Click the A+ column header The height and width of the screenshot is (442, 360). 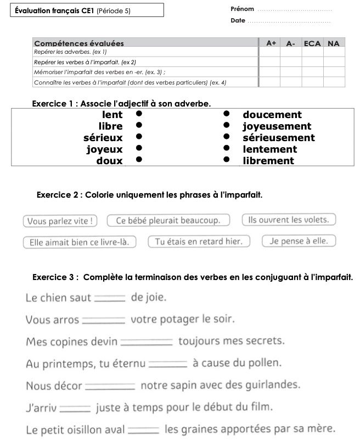[271, 43]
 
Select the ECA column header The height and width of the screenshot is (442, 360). [312, 43]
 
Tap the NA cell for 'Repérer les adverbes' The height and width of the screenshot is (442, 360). [334, 51]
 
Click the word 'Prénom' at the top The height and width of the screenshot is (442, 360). [243, 9]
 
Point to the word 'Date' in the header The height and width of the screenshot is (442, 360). [238, 21]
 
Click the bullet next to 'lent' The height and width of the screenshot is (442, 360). [139, 114]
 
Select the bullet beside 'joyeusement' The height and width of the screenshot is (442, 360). [226, 126]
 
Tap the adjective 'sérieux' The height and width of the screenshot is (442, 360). [103, 137]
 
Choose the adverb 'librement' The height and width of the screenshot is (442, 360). [268, 160]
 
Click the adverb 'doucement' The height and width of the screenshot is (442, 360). [272, 114]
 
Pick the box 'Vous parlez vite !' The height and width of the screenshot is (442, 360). [60, 221]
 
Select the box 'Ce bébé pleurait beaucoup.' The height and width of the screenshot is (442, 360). [168, 221]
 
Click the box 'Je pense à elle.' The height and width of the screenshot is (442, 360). [299, 240]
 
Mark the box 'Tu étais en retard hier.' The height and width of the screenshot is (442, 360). [199, 242]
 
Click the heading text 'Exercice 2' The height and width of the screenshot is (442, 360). [59, 195]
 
